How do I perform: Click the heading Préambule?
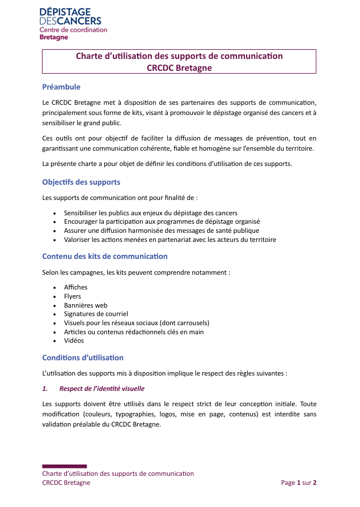pos(61,87)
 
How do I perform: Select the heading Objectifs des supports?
pos(81,182)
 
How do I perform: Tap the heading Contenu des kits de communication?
pos(105,257)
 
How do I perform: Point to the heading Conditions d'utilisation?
pos(83,358)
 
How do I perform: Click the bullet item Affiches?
pos(75,287)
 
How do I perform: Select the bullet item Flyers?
pos(73,296)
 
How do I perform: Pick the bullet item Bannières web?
pos(86,305)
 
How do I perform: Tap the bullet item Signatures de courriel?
pos(96,314)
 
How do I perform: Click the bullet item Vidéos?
pos(74,340)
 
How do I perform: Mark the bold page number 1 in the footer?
pos(299,483)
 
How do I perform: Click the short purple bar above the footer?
pos(64,466)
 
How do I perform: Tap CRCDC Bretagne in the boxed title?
pos(179,68)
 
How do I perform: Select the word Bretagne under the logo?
pos(54,37)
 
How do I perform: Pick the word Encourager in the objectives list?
pos(81,221)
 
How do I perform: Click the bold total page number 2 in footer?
pos(315,483)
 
